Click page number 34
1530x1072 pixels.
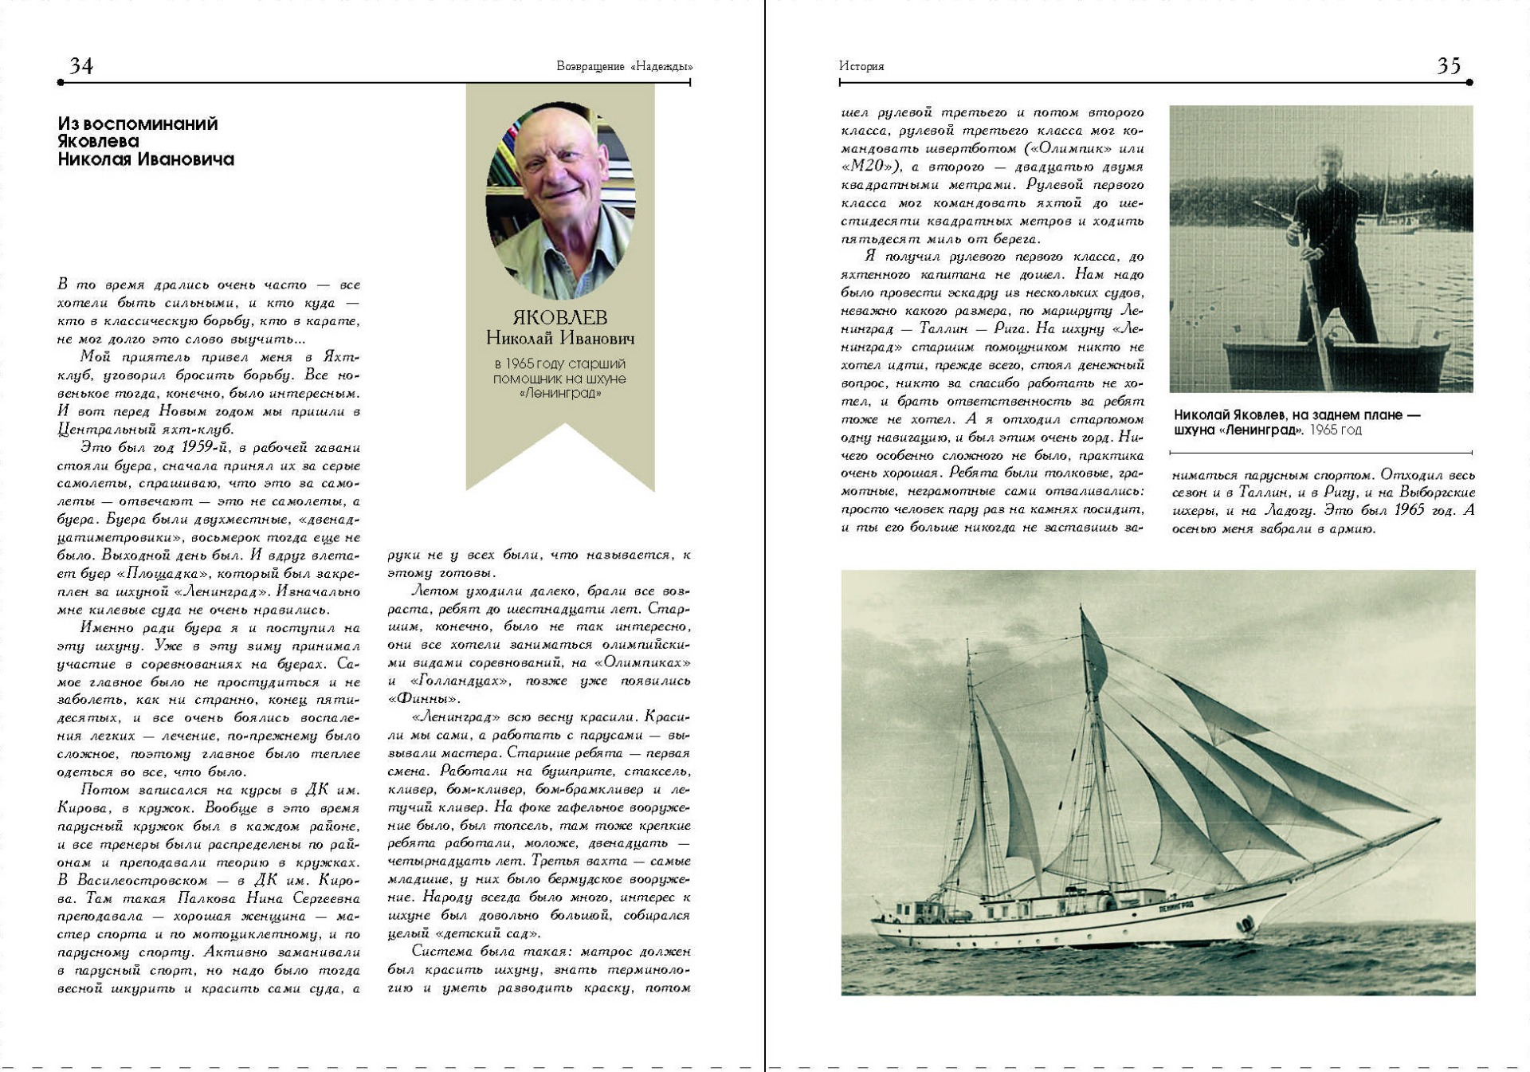point(81,65)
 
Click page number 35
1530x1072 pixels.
point(1448,65)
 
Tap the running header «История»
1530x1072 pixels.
point(861,66)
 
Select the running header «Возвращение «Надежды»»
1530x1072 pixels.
point(624,66)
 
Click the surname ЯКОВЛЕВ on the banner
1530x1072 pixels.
point(559,317)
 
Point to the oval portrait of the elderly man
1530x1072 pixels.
point(560,199)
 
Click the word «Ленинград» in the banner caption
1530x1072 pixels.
point(559,393)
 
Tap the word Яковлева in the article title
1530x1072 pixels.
point(98,141)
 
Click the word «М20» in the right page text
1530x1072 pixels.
point(871,167)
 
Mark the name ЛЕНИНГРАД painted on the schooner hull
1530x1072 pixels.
point(1175,906)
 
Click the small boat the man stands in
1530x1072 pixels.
point(1336,365)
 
